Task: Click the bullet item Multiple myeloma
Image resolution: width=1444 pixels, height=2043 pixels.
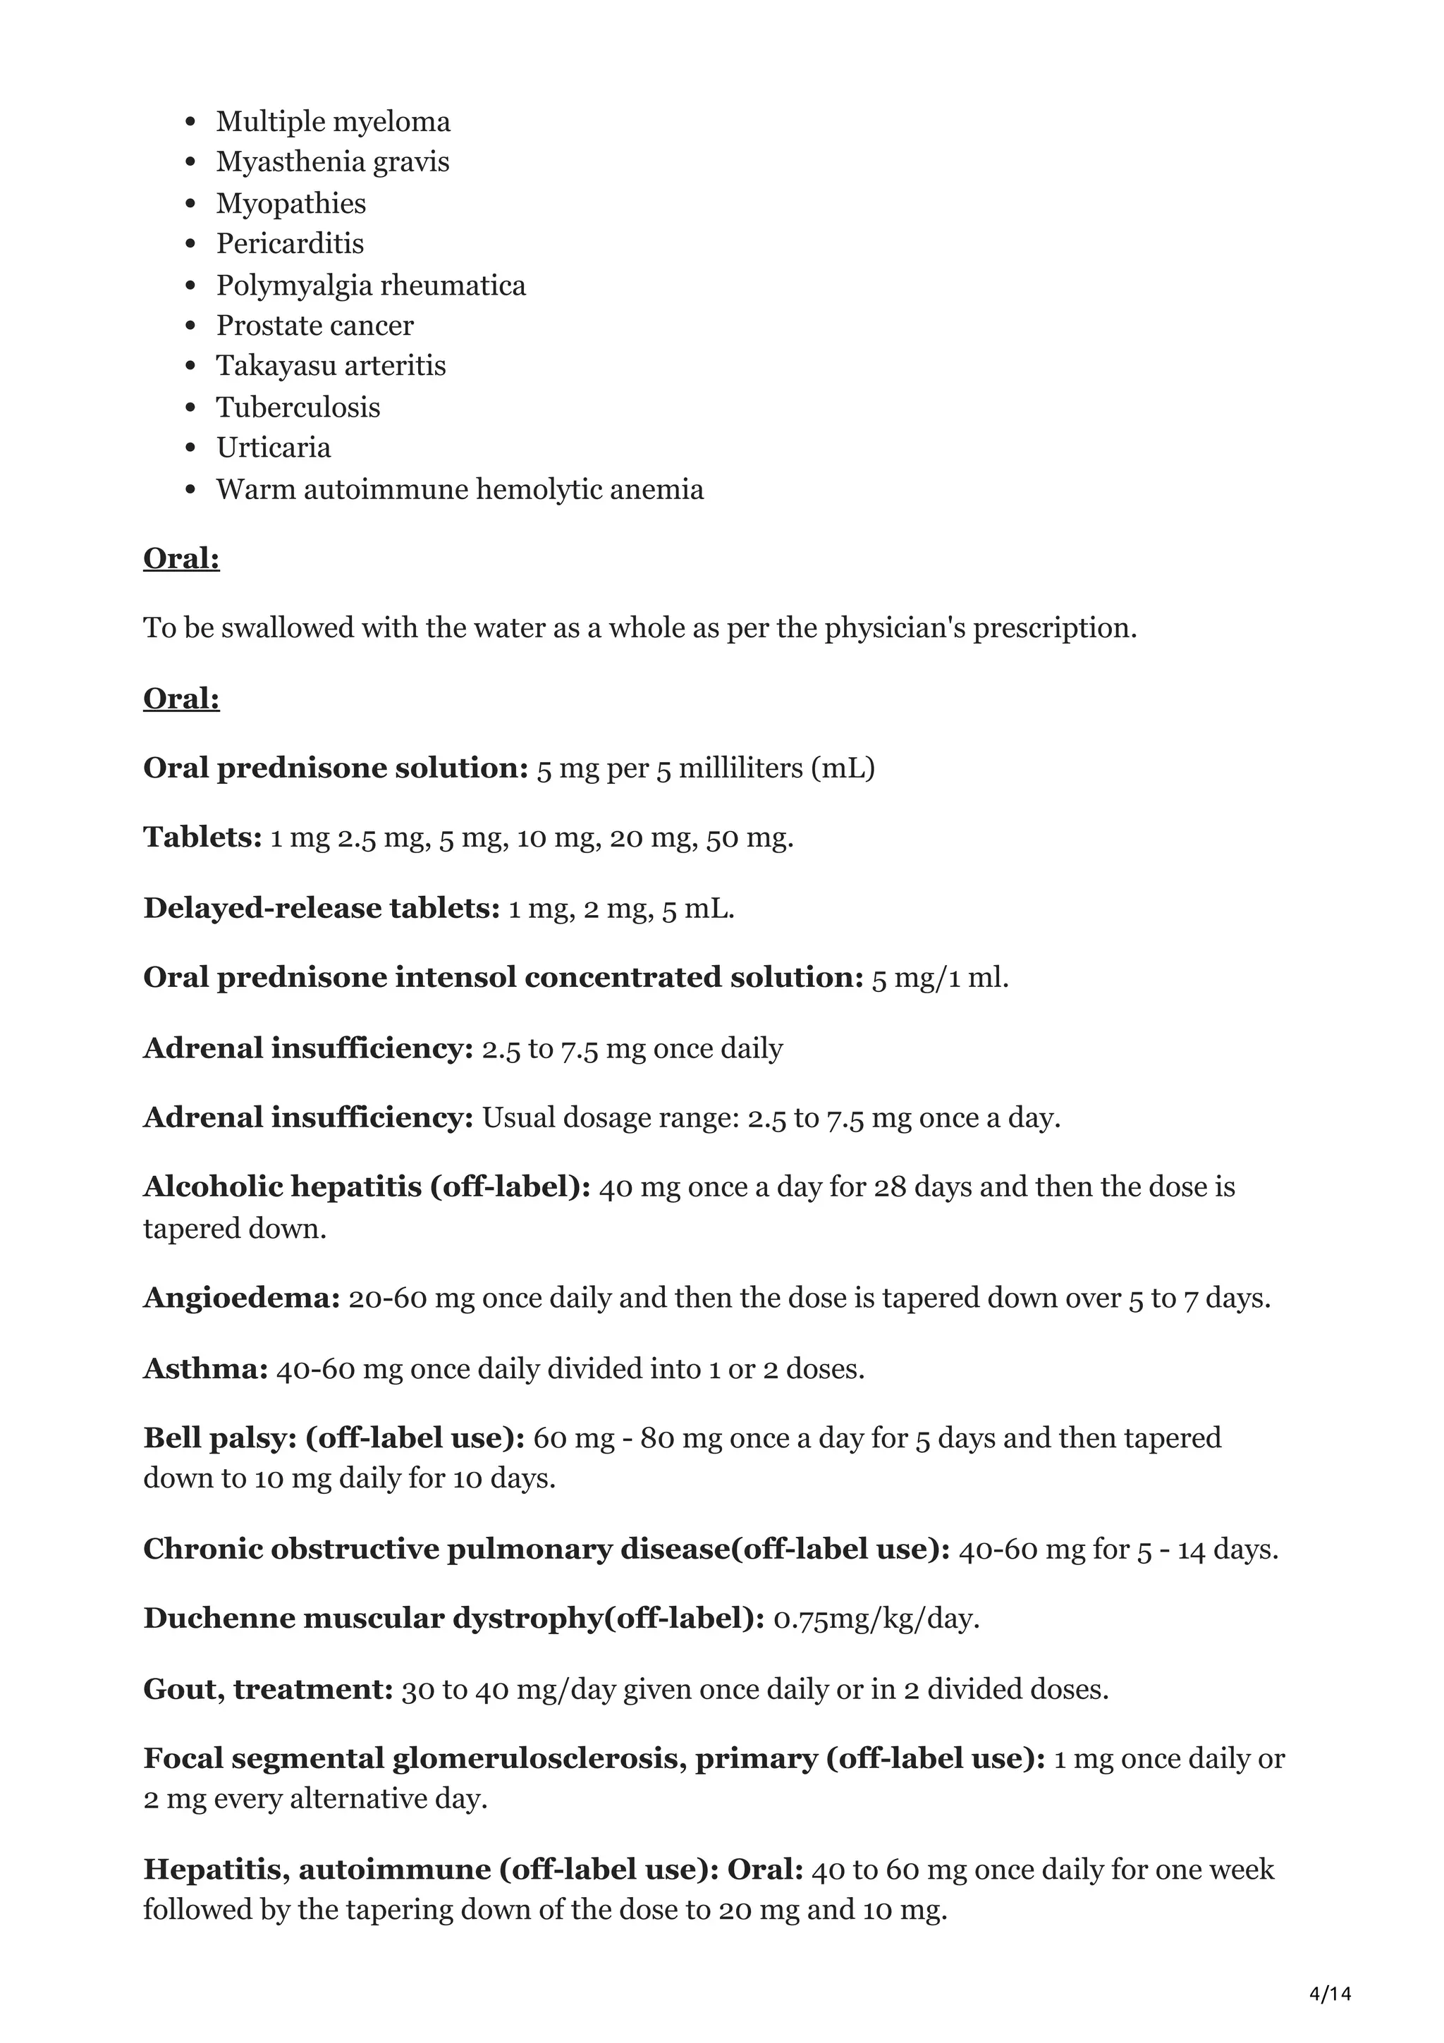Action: pos(333,122)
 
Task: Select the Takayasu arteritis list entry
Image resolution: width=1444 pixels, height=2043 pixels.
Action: pos(331,366)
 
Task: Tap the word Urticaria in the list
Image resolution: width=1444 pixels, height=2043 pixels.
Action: pos(273,448)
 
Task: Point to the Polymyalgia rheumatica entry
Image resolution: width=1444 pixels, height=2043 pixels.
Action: pos(371,286)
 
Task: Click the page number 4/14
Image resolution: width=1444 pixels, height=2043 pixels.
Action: pos(1330,1969)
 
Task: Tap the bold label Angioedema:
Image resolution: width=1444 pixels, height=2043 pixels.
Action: pos(242,1299)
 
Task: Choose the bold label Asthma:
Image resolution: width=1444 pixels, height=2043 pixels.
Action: pos(205,1368)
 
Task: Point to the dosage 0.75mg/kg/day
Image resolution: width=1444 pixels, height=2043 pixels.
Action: pos(876,1619)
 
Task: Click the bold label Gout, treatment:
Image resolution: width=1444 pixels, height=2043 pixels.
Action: pos(268,1689)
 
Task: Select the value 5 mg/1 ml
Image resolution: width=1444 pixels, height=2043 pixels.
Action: pos(941,978)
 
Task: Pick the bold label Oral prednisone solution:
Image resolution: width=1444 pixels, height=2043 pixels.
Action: pos(336,768)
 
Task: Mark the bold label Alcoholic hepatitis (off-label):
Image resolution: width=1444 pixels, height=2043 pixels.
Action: pos(367,1187)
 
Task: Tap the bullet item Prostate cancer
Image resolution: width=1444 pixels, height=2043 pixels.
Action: pos(315,326)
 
